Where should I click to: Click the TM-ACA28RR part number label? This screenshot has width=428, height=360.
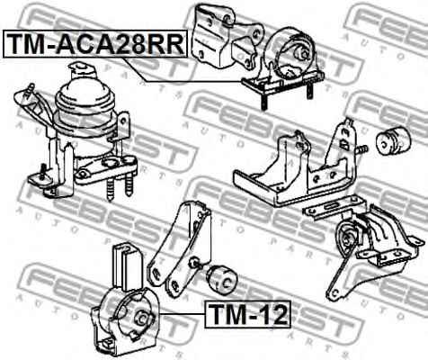coord(94,42)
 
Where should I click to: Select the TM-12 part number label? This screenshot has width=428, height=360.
coord(247,315)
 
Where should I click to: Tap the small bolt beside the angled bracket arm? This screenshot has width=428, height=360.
coord(193,262)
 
